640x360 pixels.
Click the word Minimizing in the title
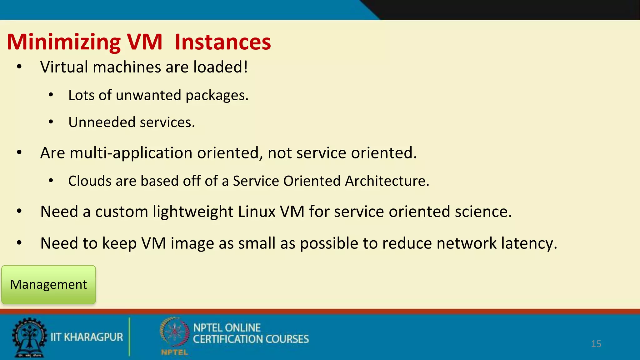point(64,42)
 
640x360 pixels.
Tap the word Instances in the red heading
point(222,42)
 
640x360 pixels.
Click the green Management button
point(48,285)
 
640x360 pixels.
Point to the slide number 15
point(596,344)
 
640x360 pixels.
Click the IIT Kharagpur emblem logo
point(29,337)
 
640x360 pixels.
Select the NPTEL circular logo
point(174,333)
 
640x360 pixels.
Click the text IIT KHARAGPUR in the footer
point(87,337)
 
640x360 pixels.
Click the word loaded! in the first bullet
point(220,67)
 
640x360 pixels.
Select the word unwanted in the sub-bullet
point(148,95)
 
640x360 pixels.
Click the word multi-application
point(131,153)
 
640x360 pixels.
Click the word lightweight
point(193,212)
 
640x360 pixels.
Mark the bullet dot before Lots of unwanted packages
point(51,95)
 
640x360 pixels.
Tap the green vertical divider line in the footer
point(129,337)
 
